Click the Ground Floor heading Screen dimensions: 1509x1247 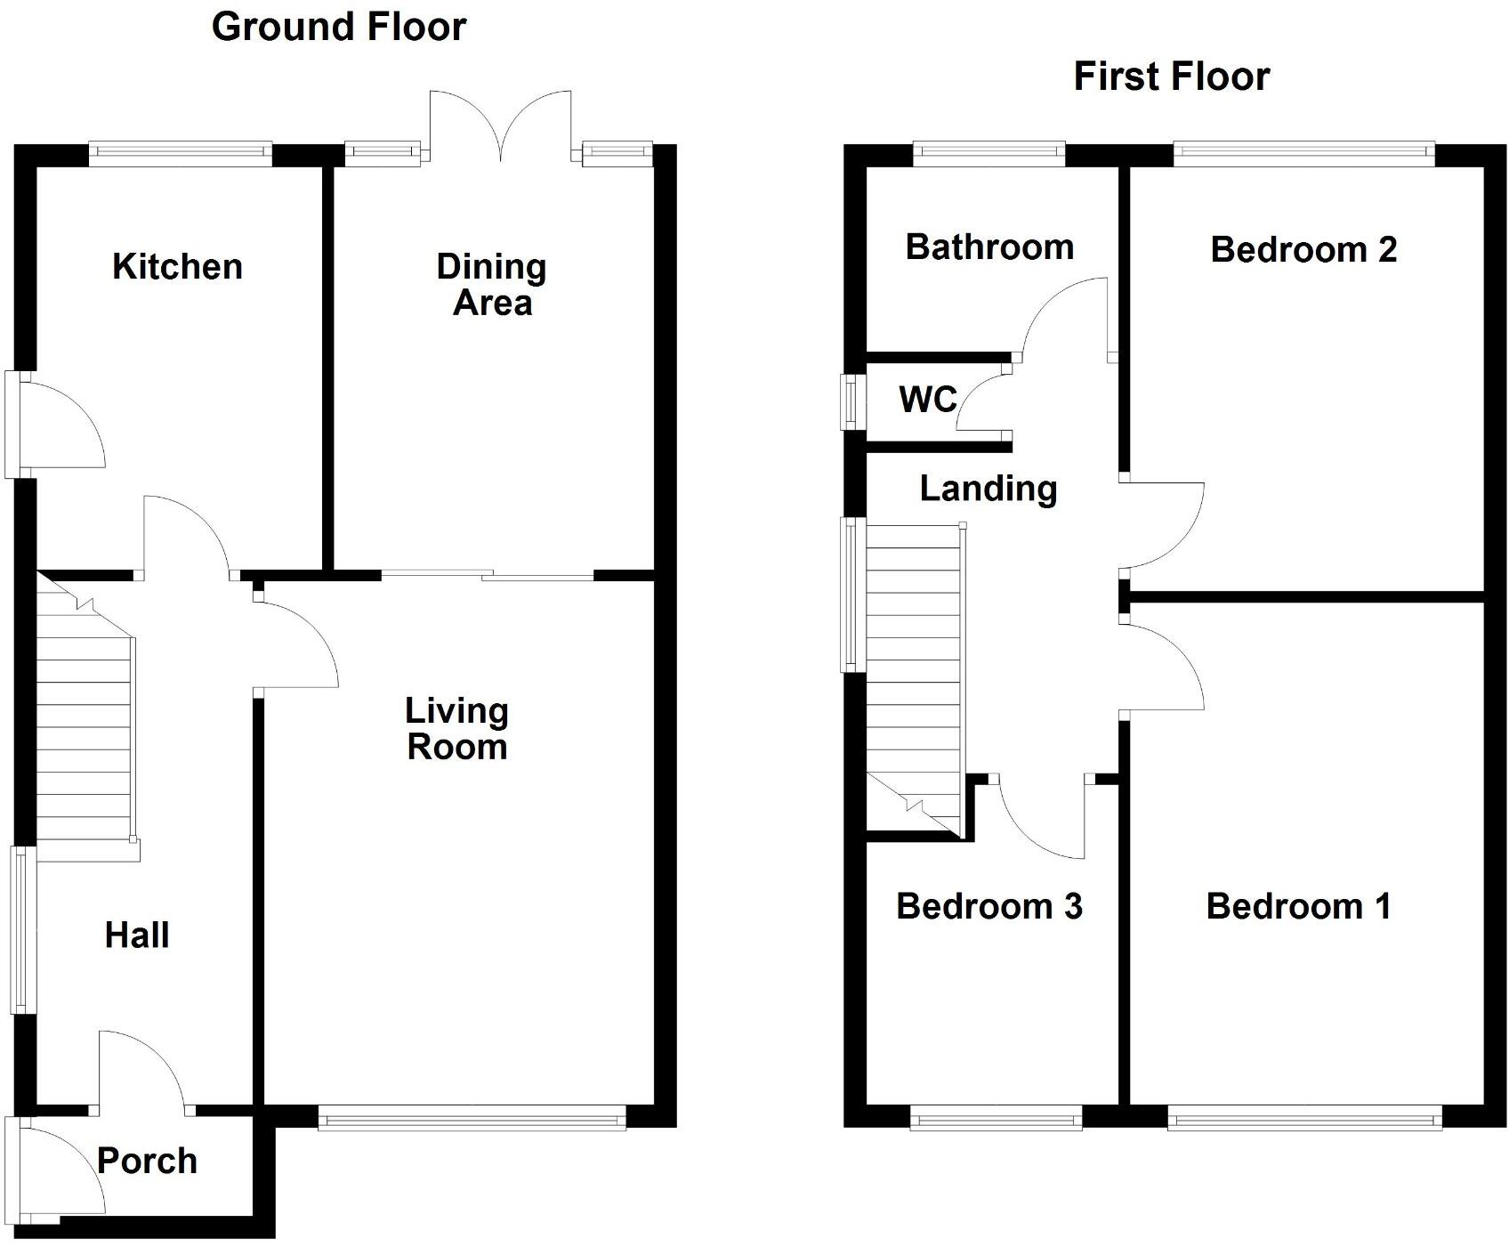pyautogui.click(x=339, y=27)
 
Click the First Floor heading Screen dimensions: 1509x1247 pyautogui.click(x=1171, y=77)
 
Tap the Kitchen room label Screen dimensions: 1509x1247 pyautogui.click(x=177, y=266)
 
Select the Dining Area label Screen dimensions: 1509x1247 pyautogui.click(x=491, y=285)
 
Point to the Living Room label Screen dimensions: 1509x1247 pyautogui.click(x=456, y=728)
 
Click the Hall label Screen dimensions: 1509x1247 pyautogui.click(x=137, y=935)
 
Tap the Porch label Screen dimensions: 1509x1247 pyautogui.click(x=147, y=1161)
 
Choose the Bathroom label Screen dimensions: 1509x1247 pyautogui.click(x=989, y=247)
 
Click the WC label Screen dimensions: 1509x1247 pyautogui.click(x=928, y=400)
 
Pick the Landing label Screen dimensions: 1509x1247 pyautogui.click(x=989, y=488)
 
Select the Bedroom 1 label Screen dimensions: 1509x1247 pyautogui.click(x=1298, y=906)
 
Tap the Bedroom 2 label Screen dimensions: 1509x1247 pyautogui.click(x=1303, y=249)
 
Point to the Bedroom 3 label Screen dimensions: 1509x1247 pyautogui.click(x=989, y=906)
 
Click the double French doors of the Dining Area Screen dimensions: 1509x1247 pyautogui.click(x=500, y=126)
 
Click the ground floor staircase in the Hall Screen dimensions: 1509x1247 pyautogui.click(x=87, y=717)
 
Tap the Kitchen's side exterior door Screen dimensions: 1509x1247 pyautogui.click(x=55, y=425)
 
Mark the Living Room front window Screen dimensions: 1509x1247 pyautogui.click(x=472, y=1117)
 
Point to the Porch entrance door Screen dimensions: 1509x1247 pyautogui.click(x=55, y=1166)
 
